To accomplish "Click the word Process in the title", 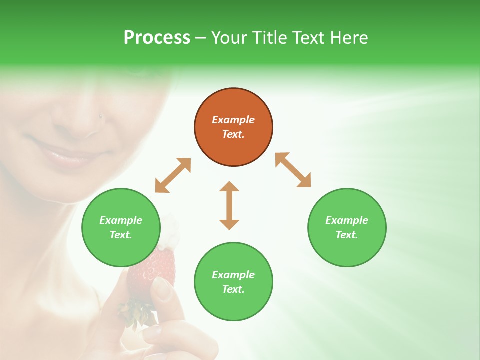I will [157, 38].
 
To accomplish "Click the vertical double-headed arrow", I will [229, 205].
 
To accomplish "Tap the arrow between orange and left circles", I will [173, 175].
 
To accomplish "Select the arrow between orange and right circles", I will [293, 170].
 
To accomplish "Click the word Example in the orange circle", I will [233, 120].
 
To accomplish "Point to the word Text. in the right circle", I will [347, 235].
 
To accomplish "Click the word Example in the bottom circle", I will [233, 275].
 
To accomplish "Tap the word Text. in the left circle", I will [121, 235].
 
